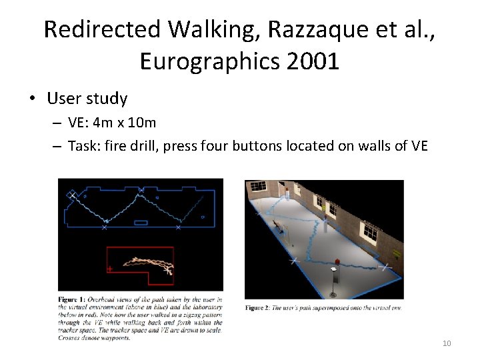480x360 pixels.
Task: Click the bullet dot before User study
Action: click(x=31, y=99)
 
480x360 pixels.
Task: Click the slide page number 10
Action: click(x=446, y=343)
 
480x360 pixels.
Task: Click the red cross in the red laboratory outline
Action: click(x=109, y=269)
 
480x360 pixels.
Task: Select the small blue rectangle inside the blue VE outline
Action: click(x=141, y=222)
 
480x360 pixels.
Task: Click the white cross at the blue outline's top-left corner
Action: click(x=71, y=194)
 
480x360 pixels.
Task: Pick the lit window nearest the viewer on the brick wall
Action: click(x=371, y=231)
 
